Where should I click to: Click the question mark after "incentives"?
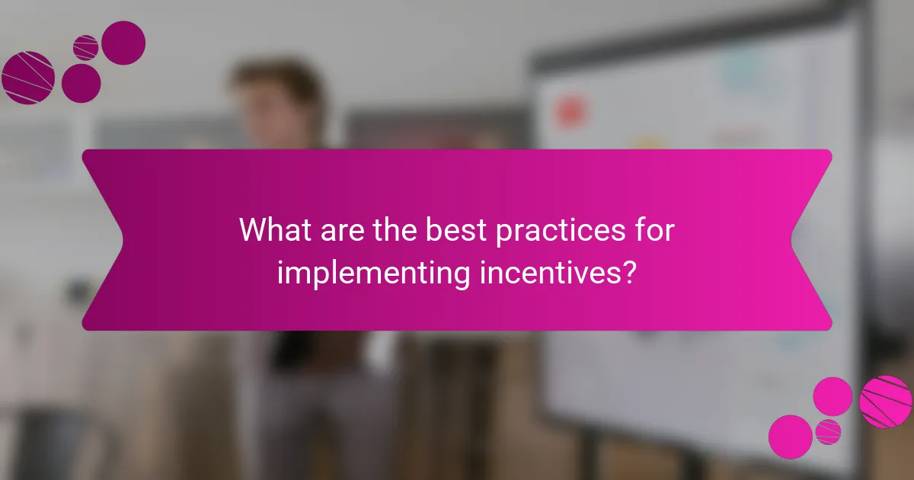click(628, 273)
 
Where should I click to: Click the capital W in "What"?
click(252, 230)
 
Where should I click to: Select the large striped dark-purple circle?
click(27, 78)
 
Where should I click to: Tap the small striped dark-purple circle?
click(85, 47)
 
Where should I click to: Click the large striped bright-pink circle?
click(886, 402)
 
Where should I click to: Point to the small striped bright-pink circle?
click(828, 432)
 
